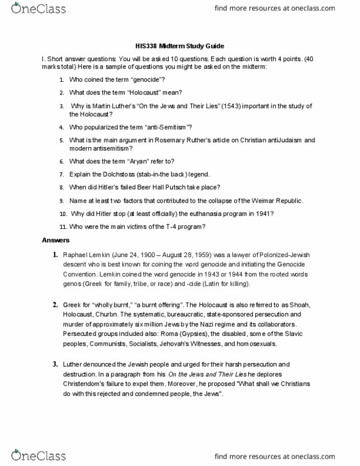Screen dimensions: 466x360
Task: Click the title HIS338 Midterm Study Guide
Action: coord(180,46)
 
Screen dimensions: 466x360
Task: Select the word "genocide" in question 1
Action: coord(146,80)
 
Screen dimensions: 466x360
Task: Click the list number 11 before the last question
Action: coord(62,226)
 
